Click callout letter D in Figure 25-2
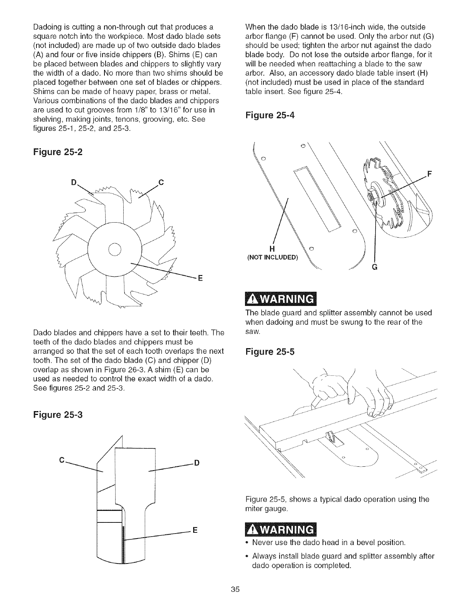tap(74, 182)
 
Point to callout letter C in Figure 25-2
tap(161, 182)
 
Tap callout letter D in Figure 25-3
tap(196, 463)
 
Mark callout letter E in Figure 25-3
tap(194, 531)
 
